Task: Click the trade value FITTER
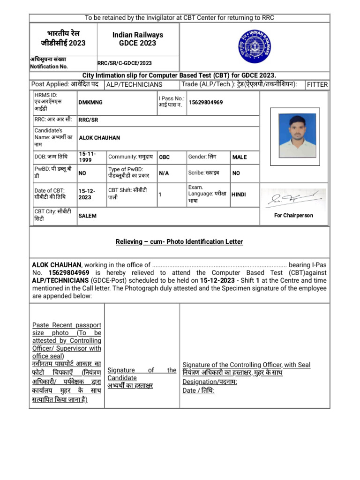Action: point(317,84)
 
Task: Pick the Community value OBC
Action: point(164,157)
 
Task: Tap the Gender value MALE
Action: point(239,157)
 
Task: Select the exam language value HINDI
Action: point(238,194)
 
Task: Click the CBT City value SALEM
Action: point(88,216)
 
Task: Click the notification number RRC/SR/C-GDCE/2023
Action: point(124,63)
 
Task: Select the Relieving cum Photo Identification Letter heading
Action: point(180,241)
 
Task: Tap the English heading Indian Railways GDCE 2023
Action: point(137,39)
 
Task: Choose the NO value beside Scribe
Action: point(236,173)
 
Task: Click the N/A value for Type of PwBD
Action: point(164,173)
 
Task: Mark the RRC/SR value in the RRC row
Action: point(89,120)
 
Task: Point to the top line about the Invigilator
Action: point(180,18)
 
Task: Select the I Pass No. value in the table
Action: point(206,102)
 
